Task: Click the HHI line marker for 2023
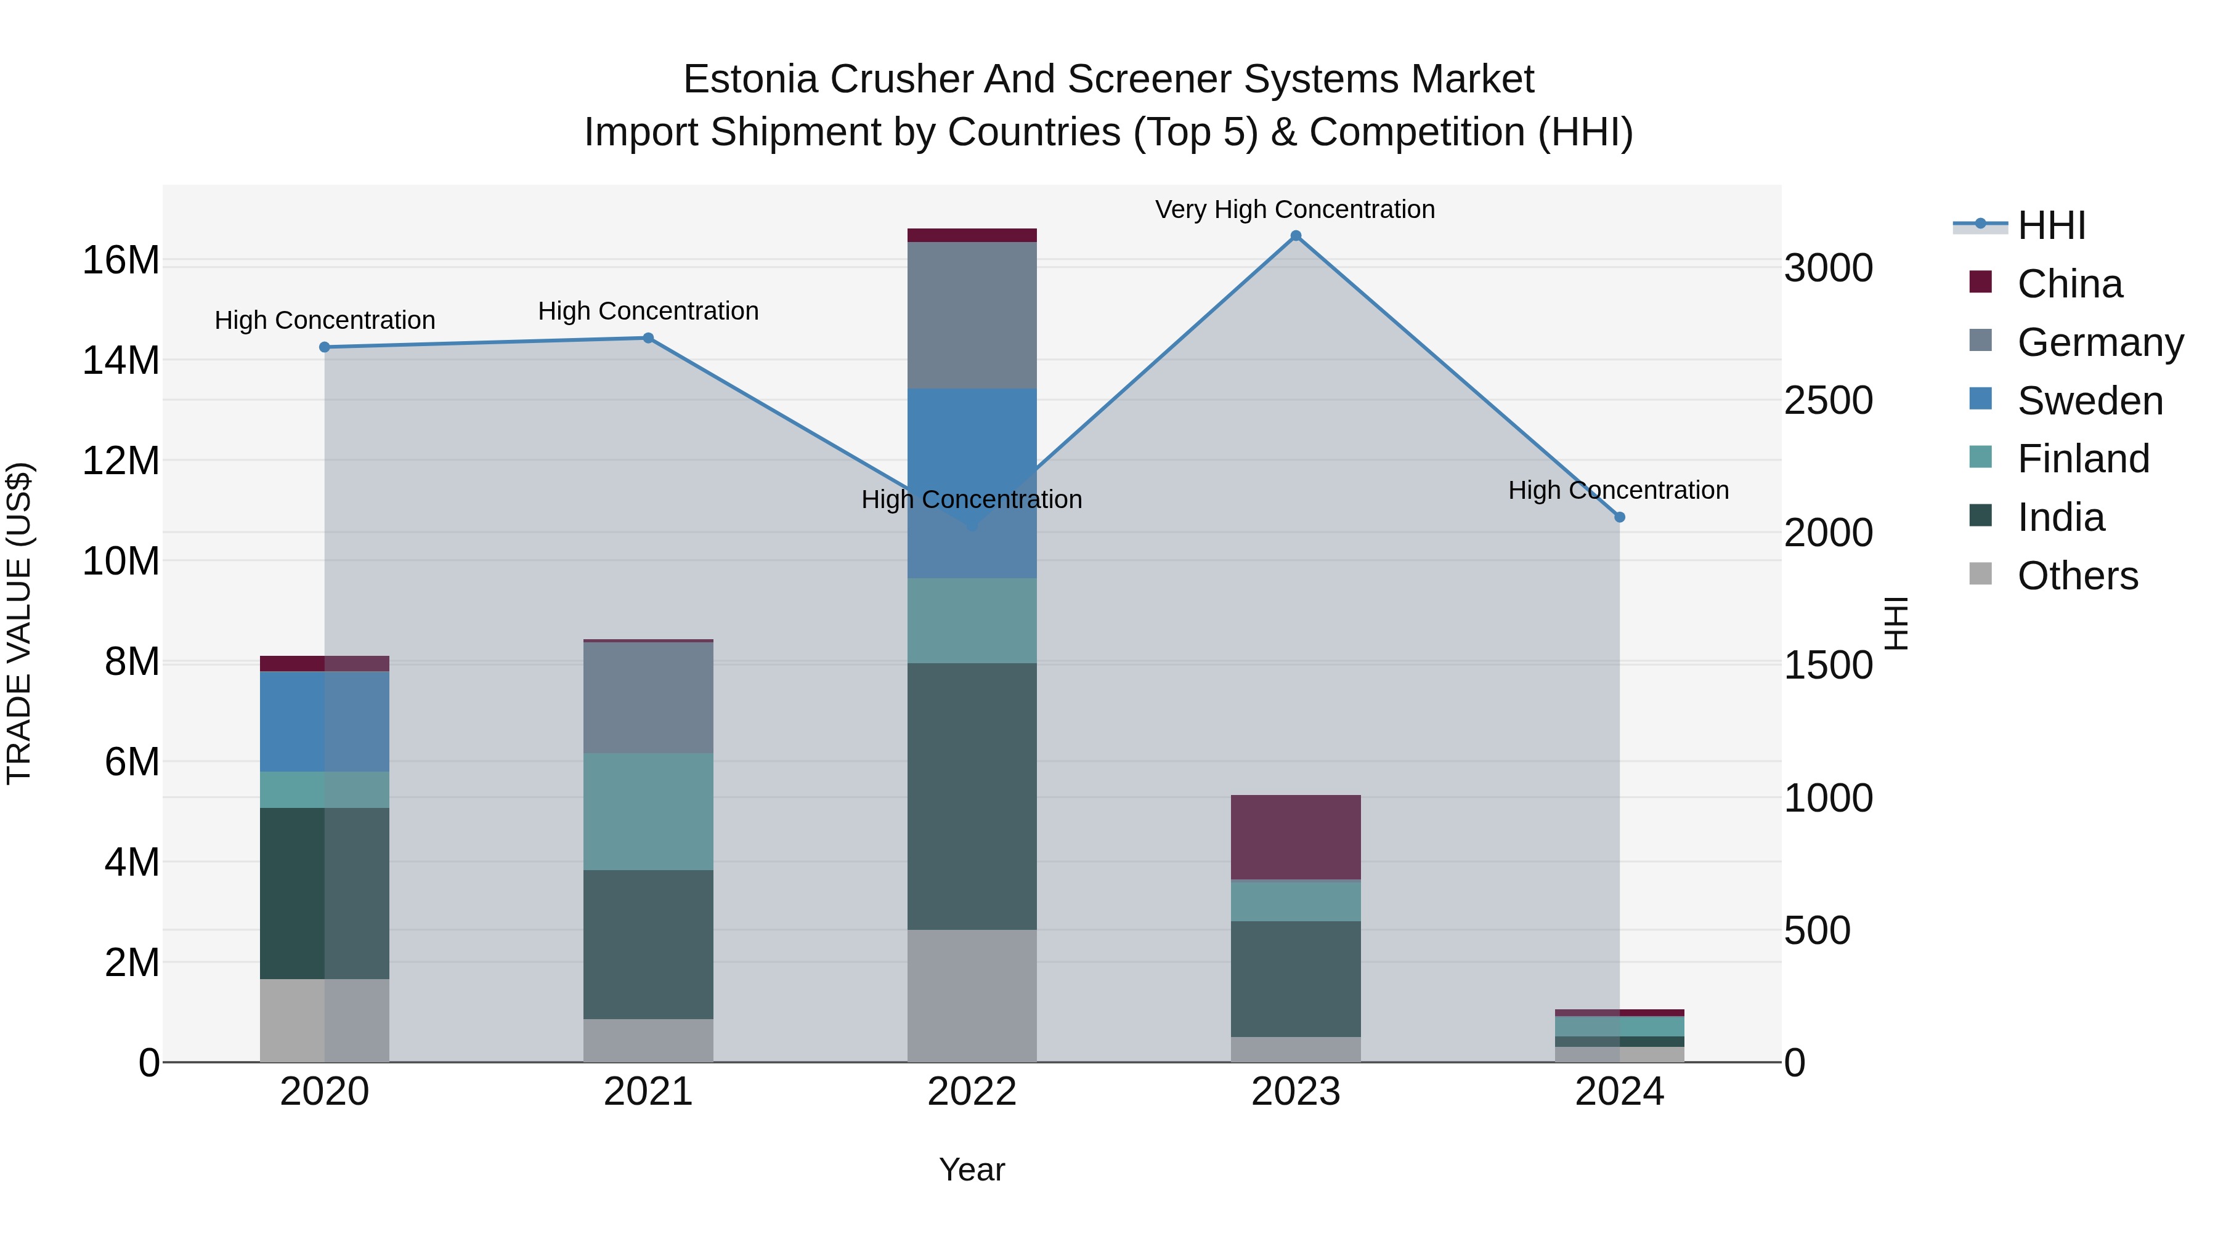point(1296,236)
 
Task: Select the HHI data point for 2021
point(648,338)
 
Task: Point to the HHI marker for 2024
point(1620,517)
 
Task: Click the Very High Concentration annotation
point(1295,210)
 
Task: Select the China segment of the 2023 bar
point(1296,836)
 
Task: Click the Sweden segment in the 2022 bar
point(972,483)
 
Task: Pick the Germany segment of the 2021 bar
point(648,697)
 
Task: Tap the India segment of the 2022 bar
point(972,796)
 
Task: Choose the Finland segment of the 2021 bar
point(648,812)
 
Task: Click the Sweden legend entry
point(2090,401)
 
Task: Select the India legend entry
point(2060,518)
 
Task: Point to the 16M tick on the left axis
point(121,260)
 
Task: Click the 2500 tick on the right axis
point(1828,400)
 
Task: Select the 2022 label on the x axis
point(972,1092)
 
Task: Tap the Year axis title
point(972,1169)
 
